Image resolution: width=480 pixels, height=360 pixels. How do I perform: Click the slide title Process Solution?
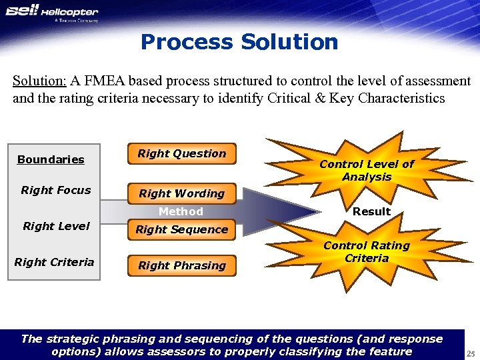click(239, 43)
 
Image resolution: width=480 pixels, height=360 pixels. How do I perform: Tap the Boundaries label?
click(51, 159)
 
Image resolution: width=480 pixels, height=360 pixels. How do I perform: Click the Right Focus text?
click(56, 190)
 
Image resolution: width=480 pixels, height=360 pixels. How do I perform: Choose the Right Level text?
click(56, 226)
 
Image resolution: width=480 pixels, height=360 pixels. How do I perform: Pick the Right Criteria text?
click(54, 262)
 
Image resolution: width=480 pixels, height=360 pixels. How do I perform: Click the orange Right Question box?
click(181, 154)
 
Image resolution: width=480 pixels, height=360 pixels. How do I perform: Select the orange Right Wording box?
click(181, 193)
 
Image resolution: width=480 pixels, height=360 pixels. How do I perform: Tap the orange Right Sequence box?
click(181, 229)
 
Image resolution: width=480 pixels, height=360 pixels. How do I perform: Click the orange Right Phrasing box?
click(181, 265)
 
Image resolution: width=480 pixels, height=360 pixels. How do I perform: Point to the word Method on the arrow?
click(181, 211)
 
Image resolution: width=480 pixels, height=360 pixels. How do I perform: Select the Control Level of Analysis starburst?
click(367, 170)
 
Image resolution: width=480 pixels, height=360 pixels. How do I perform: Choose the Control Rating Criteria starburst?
click(367, 252)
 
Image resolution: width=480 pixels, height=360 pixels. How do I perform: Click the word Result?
click(371, 211)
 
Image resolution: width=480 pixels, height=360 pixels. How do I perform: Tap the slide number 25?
click(470, 353)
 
